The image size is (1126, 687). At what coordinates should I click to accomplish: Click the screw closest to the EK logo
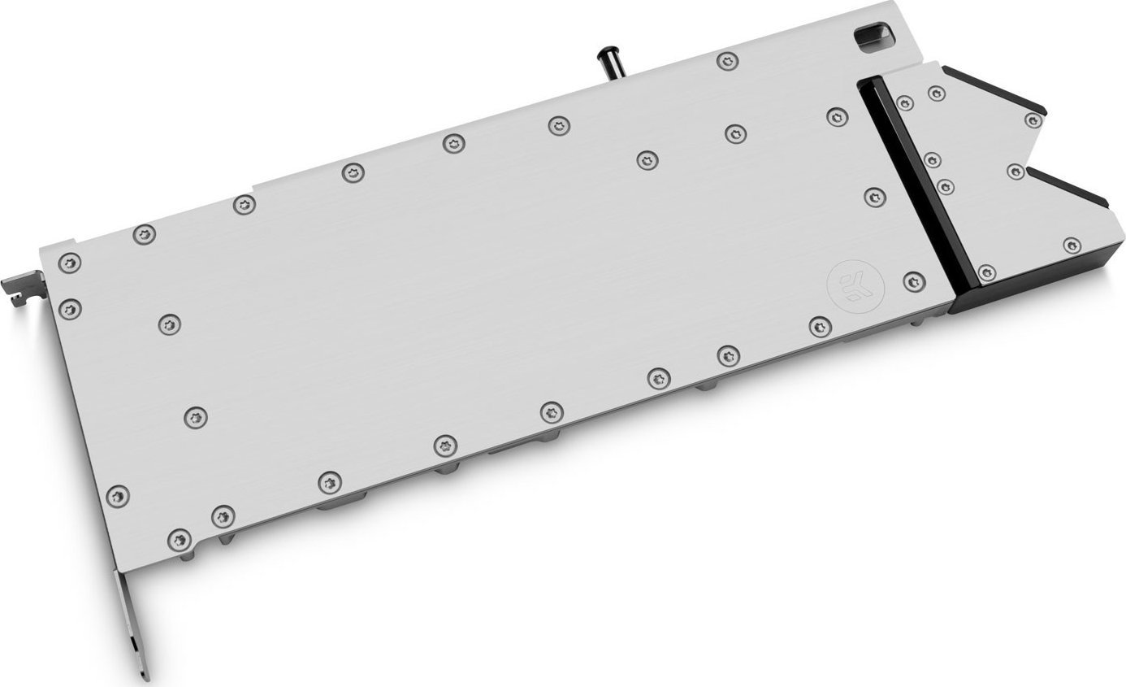pos(914,280)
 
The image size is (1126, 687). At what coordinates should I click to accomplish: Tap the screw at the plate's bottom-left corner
pos(180,537)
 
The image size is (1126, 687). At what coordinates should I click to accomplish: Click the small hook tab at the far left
pos(18,284)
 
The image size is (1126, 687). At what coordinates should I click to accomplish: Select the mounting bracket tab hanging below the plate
pos(130,619)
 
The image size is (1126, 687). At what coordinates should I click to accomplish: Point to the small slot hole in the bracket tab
pos(133,645)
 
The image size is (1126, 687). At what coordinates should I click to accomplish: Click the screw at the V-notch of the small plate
pos(1015,172)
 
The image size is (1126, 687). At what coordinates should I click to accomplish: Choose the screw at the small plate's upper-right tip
pos(1033,121)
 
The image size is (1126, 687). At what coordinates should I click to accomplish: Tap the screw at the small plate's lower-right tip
pos(1072,245)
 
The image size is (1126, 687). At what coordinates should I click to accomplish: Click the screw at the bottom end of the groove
pos(987,272)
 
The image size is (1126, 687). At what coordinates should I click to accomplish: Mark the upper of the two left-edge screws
pos(71,263)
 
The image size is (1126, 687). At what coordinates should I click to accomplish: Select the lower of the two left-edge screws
pos(71,308)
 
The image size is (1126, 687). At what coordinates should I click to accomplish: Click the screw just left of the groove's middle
pos(874,195)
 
